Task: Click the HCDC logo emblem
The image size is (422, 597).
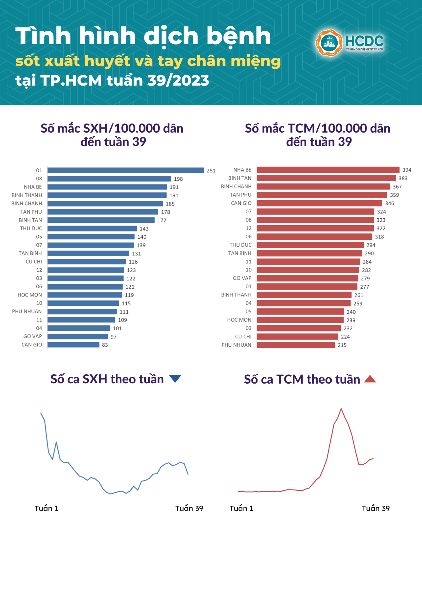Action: point(329,43)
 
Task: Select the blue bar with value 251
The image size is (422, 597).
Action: point(125,170)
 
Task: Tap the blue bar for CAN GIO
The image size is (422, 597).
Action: point(73,345)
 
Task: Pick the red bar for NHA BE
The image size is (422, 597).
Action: point(328,170)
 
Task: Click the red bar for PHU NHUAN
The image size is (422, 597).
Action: point(296,345)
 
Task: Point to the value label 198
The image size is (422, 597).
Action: point(178,179)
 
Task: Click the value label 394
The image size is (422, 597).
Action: point(407,170)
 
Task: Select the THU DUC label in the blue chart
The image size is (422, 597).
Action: point(31,228)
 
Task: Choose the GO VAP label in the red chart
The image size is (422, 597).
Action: point(242,278)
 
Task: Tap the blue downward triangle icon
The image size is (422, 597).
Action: point(175,379)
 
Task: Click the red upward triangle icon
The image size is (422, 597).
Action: point(370,379)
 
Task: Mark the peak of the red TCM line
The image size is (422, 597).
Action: point(341,408)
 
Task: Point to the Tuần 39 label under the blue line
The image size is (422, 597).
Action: point(189,509)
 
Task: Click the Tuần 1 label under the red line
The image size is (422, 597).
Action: point(241,509)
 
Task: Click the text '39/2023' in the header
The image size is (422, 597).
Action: point(178,81)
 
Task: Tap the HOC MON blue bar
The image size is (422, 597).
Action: point(85,295)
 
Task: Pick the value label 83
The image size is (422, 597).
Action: point(105,345)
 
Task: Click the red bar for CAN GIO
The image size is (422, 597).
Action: point(319,203)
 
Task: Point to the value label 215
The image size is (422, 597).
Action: point(342,345)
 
